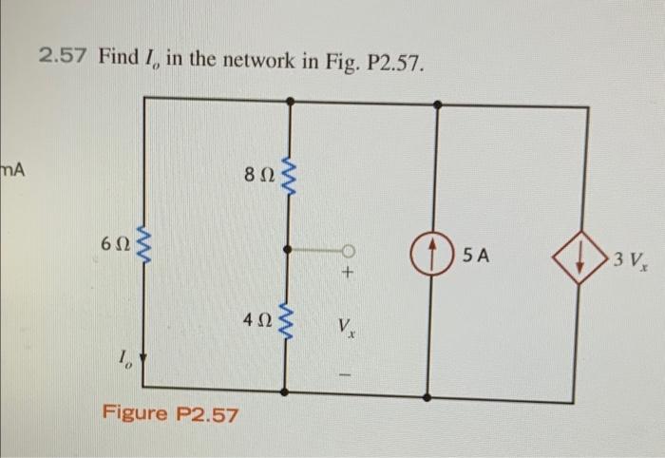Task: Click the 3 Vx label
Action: (x=628, y=259)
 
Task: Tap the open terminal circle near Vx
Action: (x=349, y=251)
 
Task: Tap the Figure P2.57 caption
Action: (x=171, y=414)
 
